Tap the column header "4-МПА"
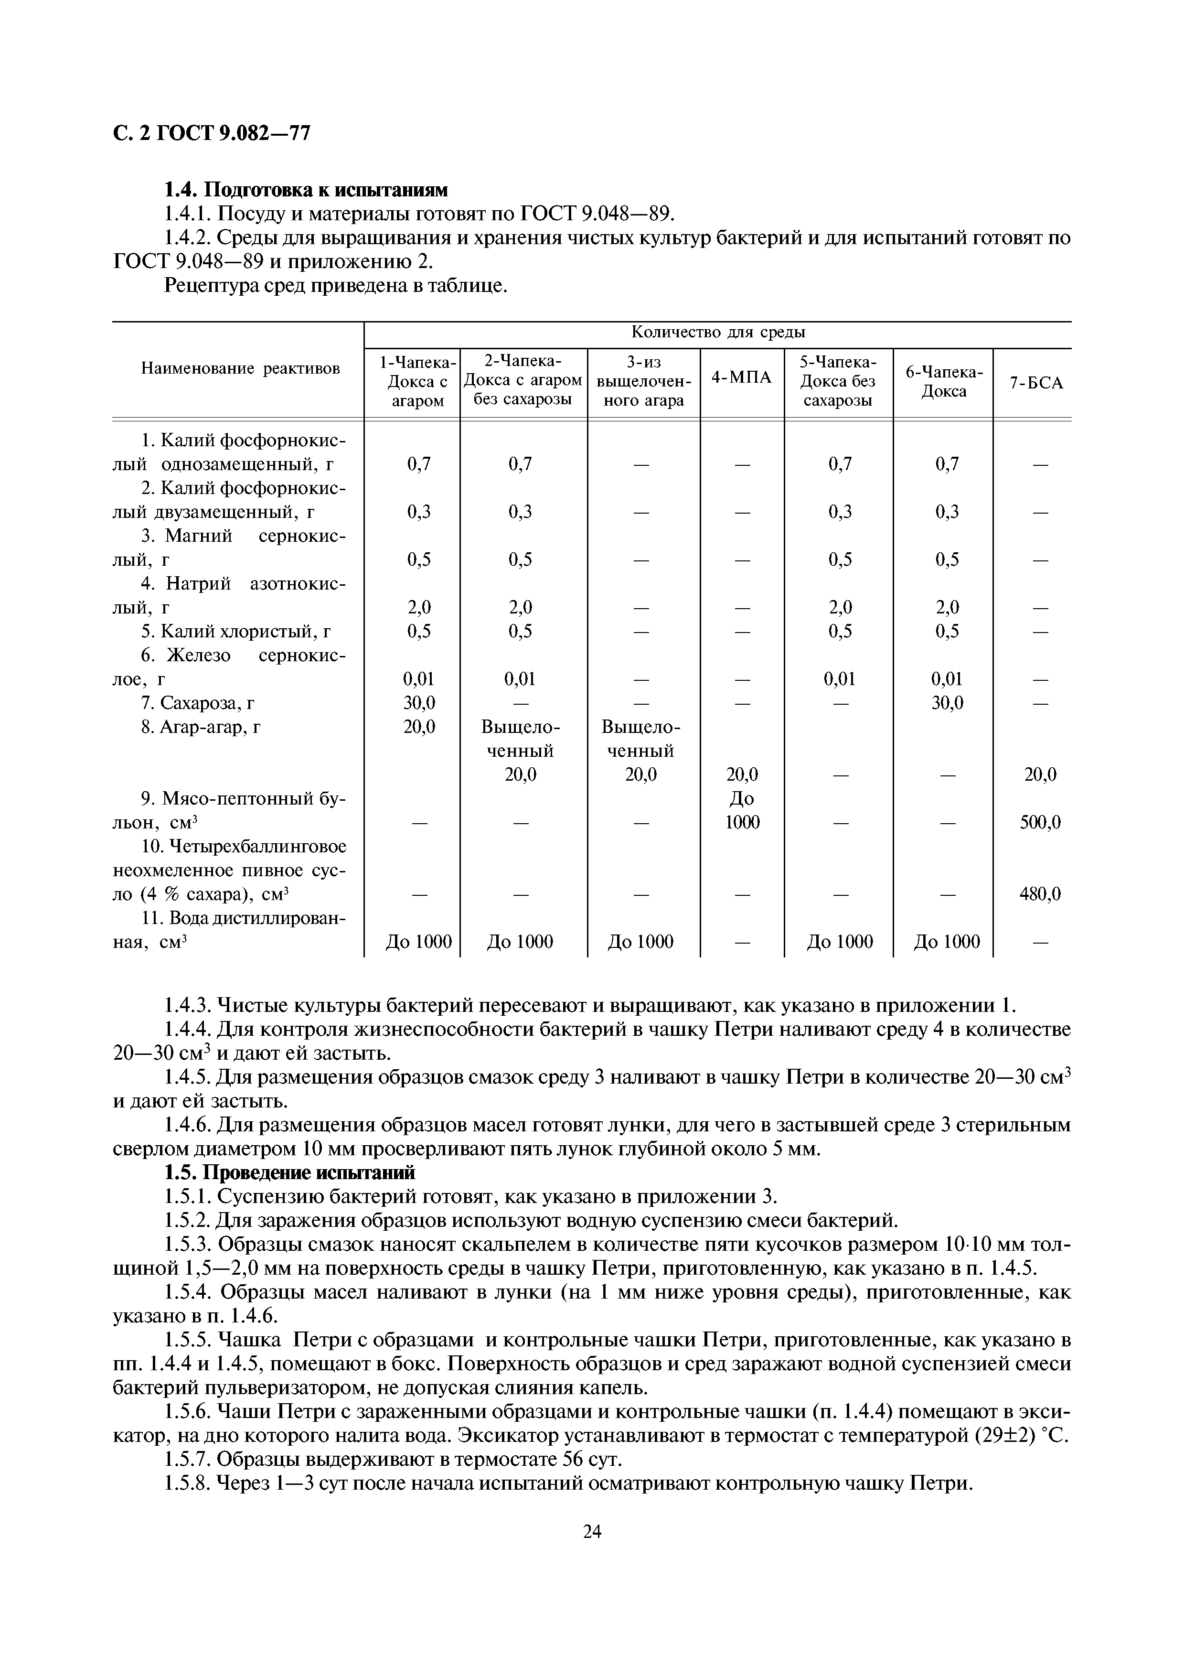coord(741,377)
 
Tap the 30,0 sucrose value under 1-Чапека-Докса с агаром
coord(419,703)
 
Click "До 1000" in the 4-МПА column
coord(741,810)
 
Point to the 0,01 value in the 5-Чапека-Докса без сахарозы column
coord(839,679)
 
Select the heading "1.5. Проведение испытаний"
coord(289,1172)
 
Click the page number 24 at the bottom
coord(592,1531)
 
